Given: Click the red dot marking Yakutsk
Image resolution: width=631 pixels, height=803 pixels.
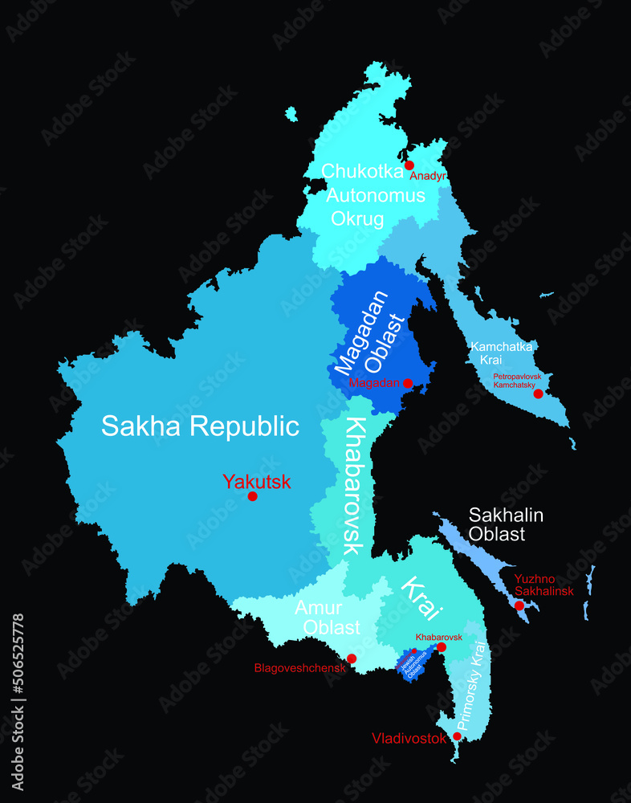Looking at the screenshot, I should pyautogui.click(x=252, y=496).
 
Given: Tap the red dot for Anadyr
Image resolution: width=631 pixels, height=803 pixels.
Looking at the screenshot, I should pyautogui.click(x=409, y=165).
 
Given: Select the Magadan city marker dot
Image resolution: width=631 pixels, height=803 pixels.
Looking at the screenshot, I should pyautogui.click(x=407, y=383).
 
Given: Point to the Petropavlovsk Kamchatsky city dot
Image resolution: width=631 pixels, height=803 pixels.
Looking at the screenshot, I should pyautogui.click(x=538, y=393).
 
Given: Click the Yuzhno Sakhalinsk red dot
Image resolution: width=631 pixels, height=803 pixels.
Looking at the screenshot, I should pyautogui.click(x=519, y=605).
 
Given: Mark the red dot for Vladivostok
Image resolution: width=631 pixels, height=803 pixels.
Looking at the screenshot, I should pyautogui.click(x=457, y=736).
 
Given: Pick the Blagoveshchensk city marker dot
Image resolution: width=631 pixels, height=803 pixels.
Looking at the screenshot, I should pyautogui.click(x=351, y=658).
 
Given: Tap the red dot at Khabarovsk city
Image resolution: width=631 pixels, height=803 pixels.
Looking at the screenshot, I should pyautogui.click(x=441, y=646).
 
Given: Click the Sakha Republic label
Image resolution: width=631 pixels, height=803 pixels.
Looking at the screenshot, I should pyautogui.click(x=200, y=426).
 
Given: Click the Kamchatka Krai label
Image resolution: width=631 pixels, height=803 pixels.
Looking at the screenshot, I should pyautogui.click(x=502, y=353).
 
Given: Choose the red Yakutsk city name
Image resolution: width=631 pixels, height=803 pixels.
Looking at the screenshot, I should pyautogui.click(x=257, y=482).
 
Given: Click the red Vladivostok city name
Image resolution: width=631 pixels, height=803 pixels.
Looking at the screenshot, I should pyautogui.click(x=409, y=738).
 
